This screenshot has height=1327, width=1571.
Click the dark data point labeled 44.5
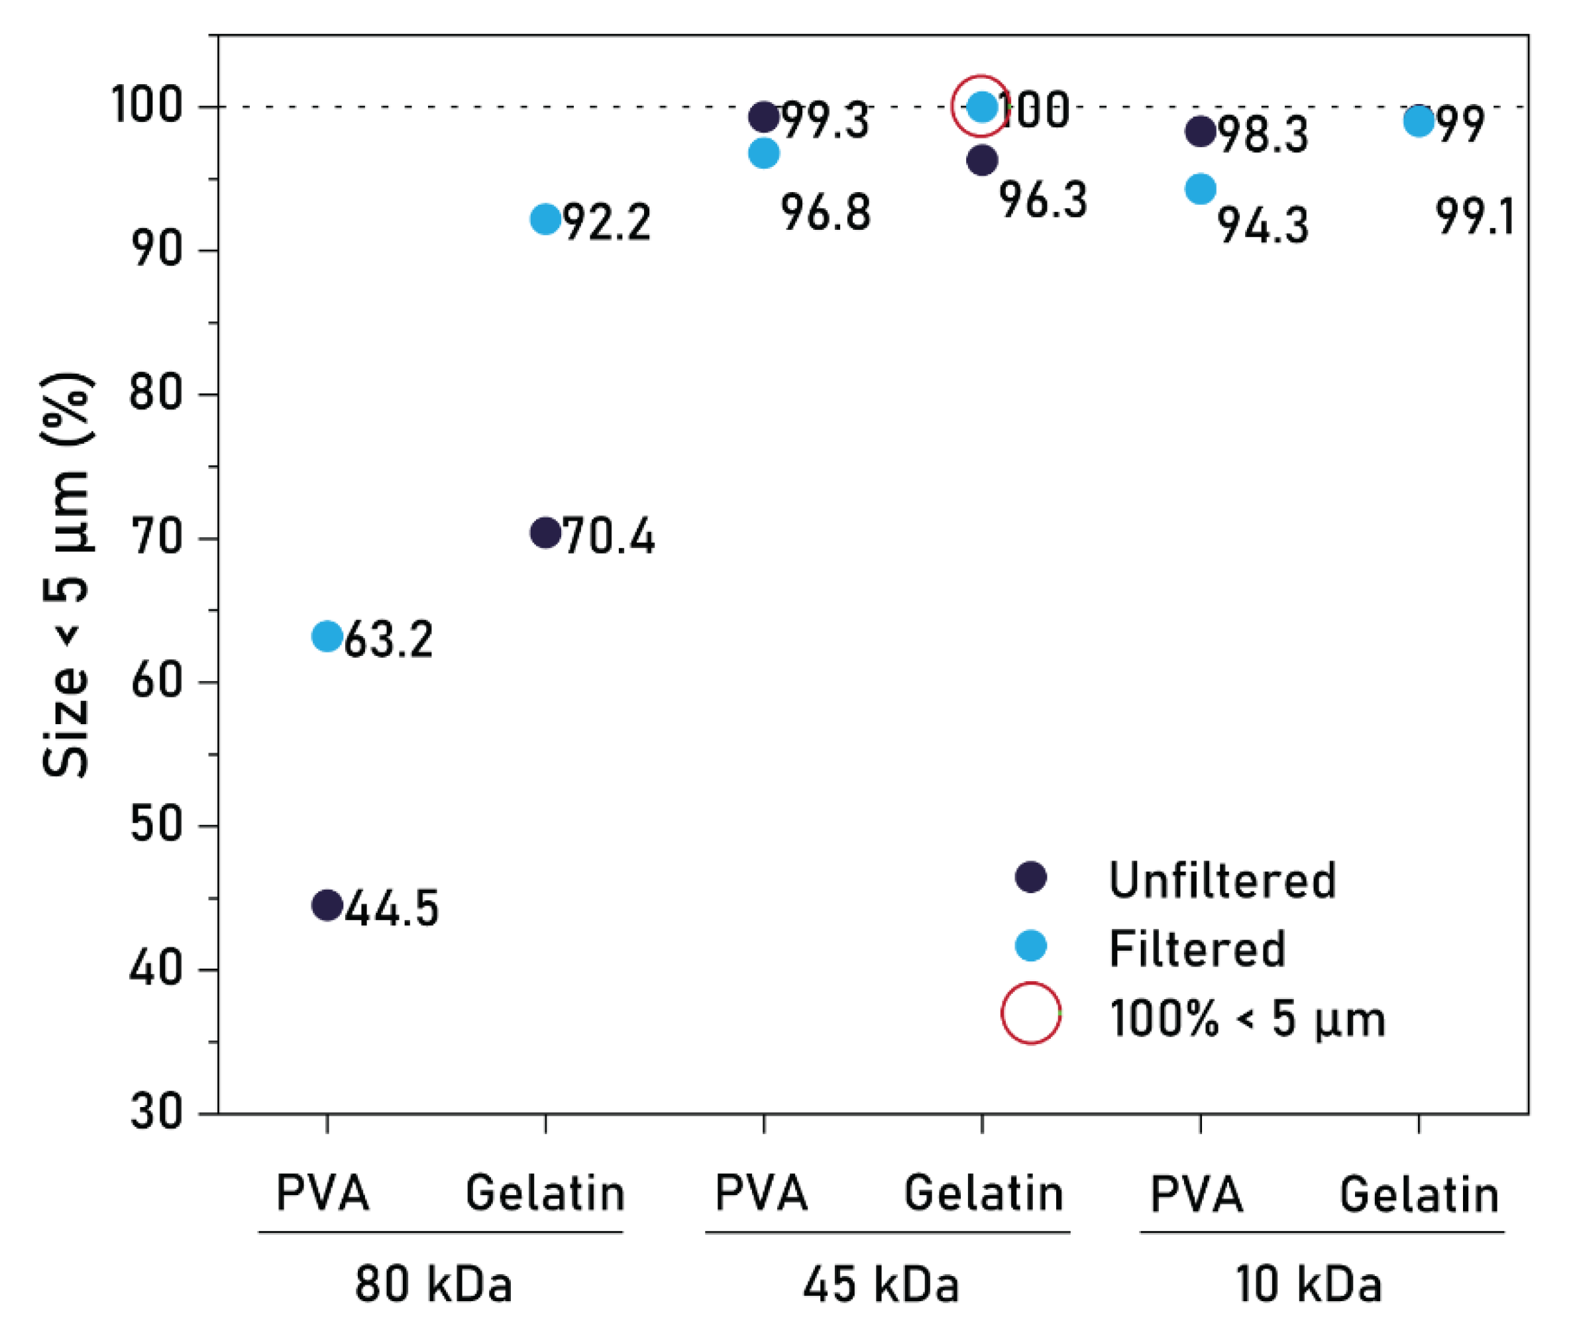[327, 904]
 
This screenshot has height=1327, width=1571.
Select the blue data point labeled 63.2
[327, 637]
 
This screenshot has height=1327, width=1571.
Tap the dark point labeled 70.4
[545, 533]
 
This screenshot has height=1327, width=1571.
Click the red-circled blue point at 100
[982, 107]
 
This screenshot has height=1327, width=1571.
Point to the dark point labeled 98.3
[1200, 131]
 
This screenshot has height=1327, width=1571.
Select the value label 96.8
[826, 213]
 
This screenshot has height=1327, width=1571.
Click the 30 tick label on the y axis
[156, 1112]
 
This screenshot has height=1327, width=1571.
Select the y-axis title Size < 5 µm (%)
[66, 575]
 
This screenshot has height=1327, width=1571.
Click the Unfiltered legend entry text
[1222, 880]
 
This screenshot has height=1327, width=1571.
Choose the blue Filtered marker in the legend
[1031, 945]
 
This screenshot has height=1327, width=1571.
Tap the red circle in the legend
[1031, 1014]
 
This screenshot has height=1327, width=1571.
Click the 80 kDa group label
[433, 1284]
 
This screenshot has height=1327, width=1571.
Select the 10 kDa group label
[1309, 1284]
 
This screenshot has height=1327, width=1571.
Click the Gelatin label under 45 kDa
[983, 1194]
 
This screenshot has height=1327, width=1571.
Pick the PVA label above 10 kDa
[1197, 1194]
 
